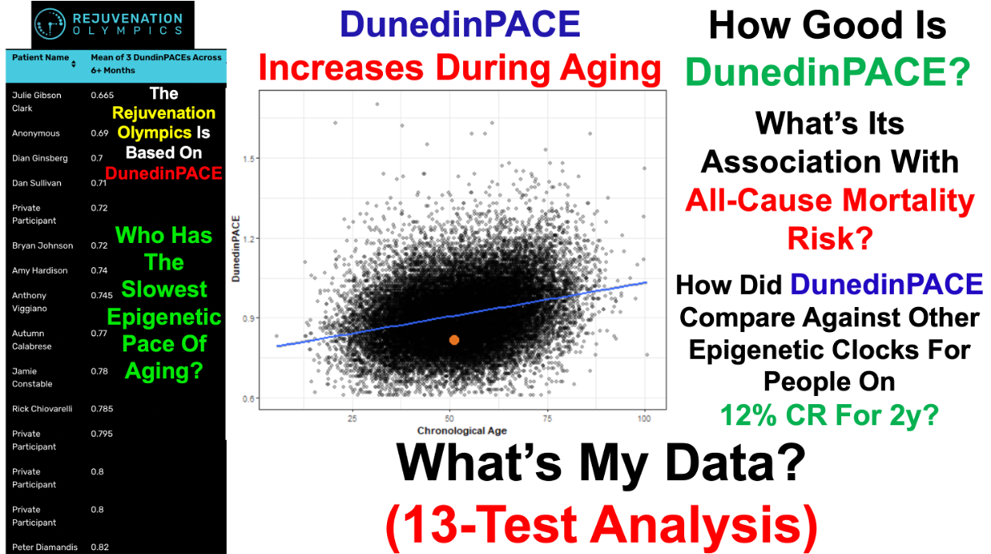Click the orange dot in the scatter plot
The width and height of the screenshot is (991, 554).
pyautogui.click(x=454, y=340)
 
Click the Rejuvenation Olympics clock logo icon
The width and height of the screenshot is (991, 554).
pyautogui.click(x=50, y=23)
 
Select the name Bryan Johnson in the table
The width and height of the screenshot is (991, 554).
pyautogui.click(x=42, y=245)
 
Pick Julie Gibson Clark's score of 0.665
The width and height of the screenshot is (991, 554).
pyautogui.click(x=102, y=95)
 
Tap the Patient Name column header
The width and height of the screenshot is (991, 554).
pyautogui.click(x=40, y=57)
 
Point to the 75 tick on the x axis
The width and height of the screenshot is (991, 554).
pyautogui.click(x=547, y=419)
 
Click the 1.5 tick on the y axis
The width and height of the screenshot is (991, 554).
pyautogui.click(x=249, y=159)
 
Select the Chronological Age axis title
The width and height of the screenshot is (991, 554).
pyautogui.click(x=461, y=431)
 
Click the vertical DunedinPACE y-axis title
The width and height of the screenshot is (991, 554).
pyautogui.click(x=236, y=249)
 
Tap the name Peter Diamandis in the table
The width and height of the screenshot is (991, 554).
pyautogui.click(x=45, y=548)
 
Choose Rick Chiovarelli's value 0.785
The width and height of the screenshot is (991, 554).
pyautogui.click(x=102, y=409)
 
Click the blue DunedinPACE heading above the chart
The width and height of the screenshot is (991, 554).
pyautogui.click(x=460, y=24)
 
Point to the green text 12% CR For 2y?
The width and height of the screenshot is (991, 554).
pyautogui.click(x=830, y=415)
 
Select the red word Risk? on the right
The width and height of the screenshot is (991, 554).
pyautogui.click(x=831, y=238)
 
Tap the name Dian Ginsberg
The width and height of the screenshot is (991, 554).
pyautogui.click(x=40, y=159)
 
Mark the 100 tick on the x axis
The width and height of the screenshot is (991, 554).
pyautogui.click(x=644, y=419)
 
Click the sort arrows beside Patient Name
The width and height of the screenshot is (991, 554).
pyautogui.click(x=74, y=64)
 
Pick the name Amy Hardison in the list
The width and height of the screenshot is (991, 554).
pyautogui.click(x=40, y=271)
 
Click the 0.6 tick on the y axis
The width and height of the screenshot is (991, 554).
pyautogui.click(x=249, y=398)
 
